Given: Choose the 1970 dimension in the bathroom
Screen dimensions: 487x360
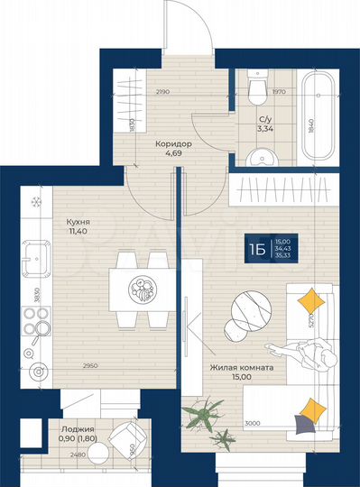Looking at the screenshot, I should coord(281,90).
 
